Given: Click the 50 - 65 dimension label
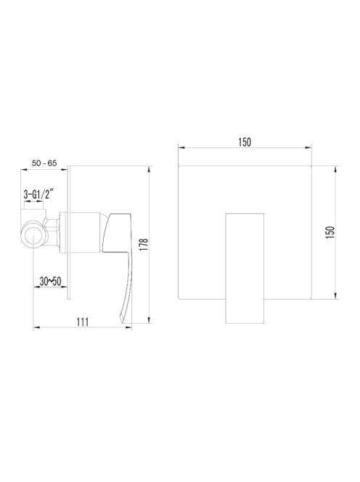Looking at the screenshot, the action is [44, 163].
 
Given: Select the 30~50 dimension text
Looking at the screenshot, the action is [50, 281].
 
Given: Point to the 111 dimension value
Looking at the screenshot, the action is [83, 322].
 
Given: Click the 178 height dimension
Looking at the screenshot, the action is [144, 245].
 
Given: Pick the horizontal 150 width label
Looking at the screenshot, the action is [245, 142].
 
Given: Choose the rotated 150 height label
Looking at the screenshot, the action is [330, 232].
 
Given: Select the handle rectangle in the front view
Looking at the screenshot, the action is [245, 269].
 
